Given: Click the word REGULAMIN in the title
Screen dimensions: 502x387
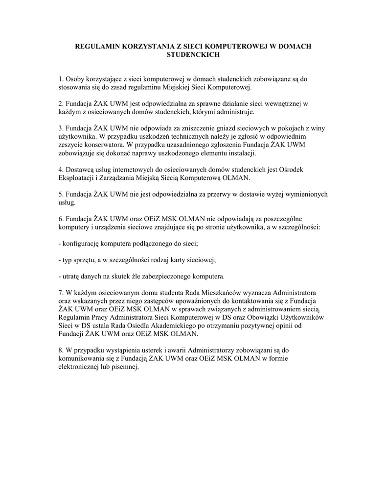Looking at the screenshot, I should pyautogui.click(x=96, y=46).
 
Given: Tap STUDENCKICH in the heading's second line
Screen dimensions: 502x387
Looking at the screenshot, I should pyautogui.click(x=193, y=55).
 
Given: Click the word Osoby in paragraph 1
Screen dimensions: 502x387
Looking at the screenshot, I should pyautogui.click(x=75, y=78).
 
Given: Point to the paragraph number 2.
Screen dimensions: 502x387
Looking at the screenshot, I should pyautogui.click(x=61, y=104).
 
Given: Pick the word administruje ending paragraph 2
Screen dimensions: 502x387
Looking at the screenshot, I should pyautogui.click(x=238, y=112).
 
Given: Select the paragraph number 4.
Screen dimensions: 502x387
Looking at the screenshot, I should pyautogui.click(x=61, y=170).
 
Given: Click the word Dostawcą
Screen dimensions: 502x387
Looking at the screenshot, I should pyautogui.click(x=80, y=170).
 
